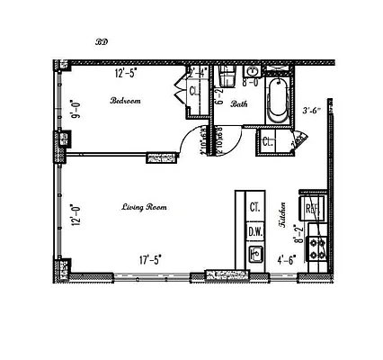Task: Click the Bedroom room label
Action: tap(125, 101)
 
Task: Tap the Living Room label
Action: tap(145, 207)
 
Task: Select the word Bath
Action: tap(238, 104)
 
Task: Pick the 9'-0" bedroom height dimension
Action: tap(76, 109)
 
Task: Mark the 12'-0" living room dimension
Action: tap(75, 215)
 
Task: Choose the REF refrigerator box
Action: tap(314, 209)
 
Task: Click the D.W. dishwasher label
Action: tap(255, 230)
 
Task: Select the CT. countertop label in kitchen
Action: tap(255, 206)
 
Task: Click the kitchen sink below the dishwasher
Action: tap(255, 255)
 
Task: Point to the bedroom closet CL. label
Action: tap(194, 91)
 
